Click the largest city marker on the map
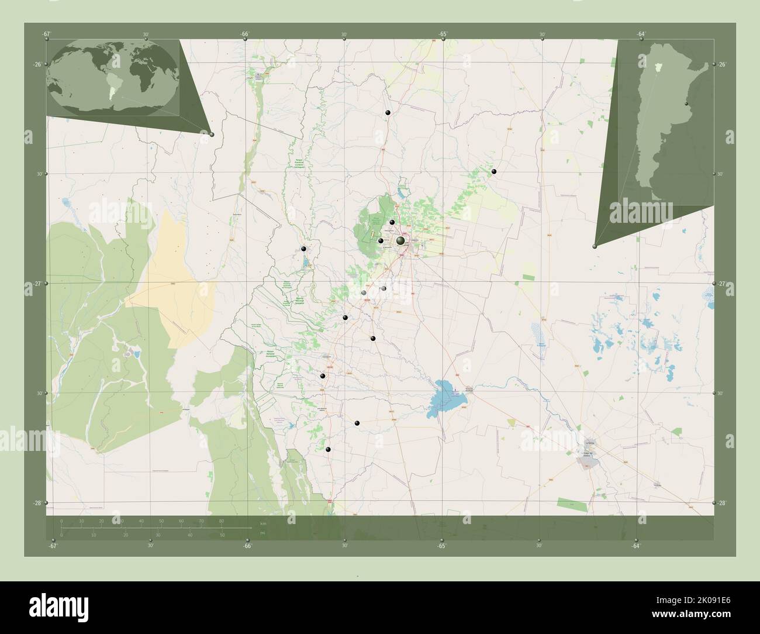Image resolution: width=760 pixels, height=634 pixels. pyautogui.click(x=400, y=240)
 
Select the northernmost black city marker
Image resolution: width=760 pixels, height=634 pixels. pyautogui.click(x=387, y=112)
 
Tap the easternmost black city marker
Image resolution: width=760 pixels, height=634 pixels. pyautogui.click(x=494, y=171)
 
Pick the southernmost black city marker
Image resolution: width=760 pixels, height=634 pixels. pyautogui.click(x=329, y=449)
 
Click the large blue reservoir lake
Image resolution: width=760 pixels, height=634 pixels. pyautogui.click(x=447, y=396)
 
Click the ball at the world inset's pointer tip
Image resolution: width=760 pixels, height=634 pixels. pyautogui.click(x=212, y=135)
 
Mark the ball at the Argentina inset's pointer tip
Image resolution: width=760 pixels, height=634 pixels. pyautogui.click(x=595, y=246)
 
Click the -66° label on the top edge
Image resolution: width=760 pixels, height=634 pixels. pyautogui.click(x=245, y=34)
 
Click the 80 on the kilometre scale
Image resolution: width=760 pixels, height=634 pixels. pyautogui.click(x=221, y=521)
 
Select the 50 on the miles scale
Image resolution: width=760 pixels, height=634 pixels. pyautogui.click(x=222, y=535)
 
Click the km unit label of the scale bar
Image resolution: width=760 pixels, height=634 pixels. pyautogui.click(x=263, y=523)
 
